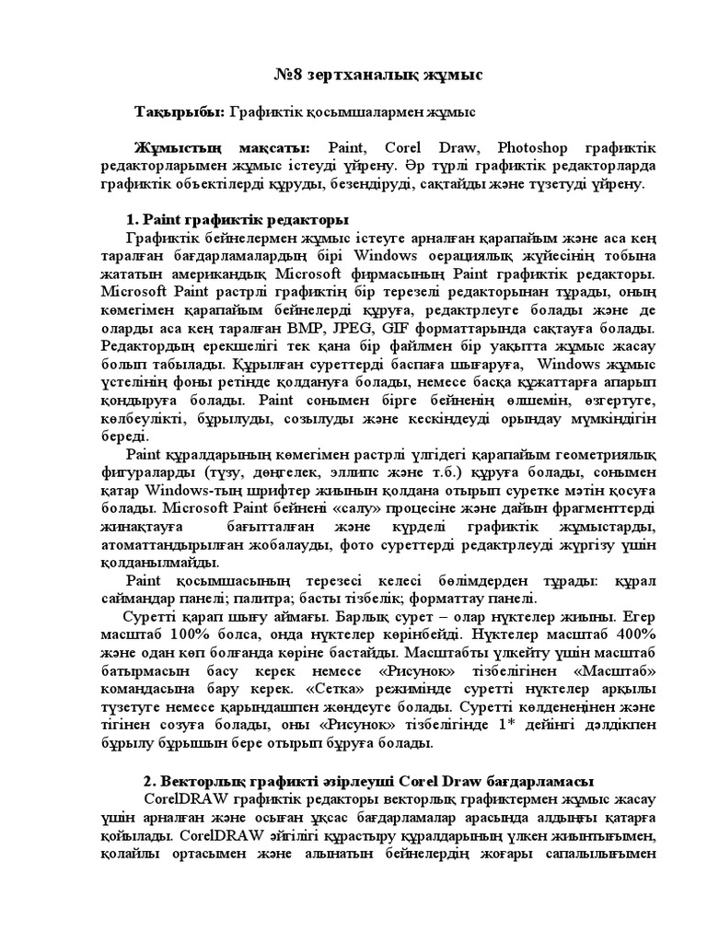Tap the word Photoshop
coord(538,148)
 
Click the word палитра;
coord(274,598)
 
